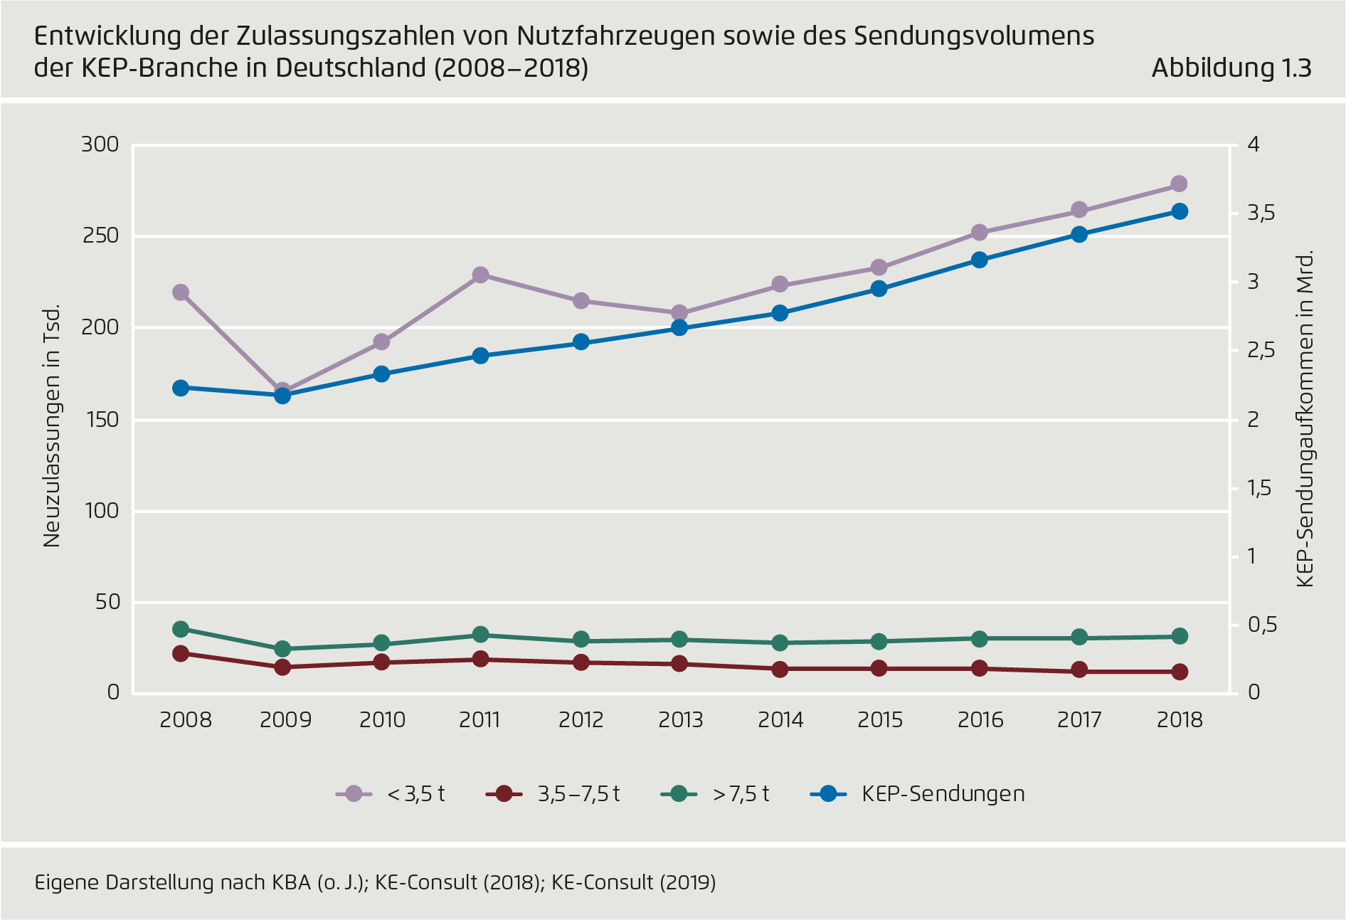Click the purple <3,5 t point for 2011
pyautogui.click(x=480, y=275)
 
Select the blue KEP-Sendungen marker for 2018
pyautogui.click(x=1179, y=211)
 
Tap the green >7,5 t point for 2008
pyautogui.click(x=181, y=629)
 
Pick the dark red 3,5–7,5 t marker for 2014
pyautogui.click(x=780, y=669)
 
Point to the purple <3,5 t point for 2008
pyautogui.click(x=181, y=292)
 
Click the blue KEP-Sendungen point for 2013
pyautogui.click(x=679, y=328)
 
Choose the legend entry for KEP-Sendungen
pyautogui.click(x=918, y=793)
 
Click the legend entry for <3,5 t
pyautogui.click(x=391, y=793)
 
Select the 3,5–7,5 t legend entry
pyautogui.click(x=553, y=793)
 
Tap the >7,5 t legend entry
pyautogui.click(x=716, y=793)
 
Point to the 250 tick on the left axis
pyautogui.click(x=100, y=236)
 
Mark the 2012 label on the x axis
pyautogui.click(x=581, y=720)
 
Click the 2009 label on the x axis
pyautogui.click(x=285, y=720)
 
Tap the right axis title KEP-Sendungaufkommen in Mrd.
pyautogui.click(x=1304, y=420)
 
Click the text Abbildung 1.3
pyautogui.click(x=1231, y=68)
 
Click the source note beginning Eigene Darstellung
pyautogui.click(x=375, y=882)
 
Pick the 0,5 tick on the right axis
pyautogui.click(x=1262, y=625)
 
